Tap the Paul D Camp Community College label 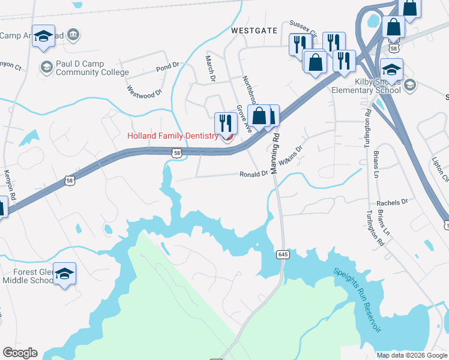pos(92,68)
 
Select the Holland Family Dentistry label pos(172,136)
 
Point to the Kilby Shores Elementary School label pos(366,85)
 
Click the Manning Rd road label pos(276,154)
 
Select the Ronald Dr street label pos(253,174)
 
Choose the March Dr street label pos(210,68)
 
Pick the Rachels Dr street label pos(392,203)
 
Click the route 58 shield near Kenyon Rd pos(70,180)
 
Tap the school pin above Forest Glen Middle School pos(64,274)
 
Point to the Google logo pos(20,353)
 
